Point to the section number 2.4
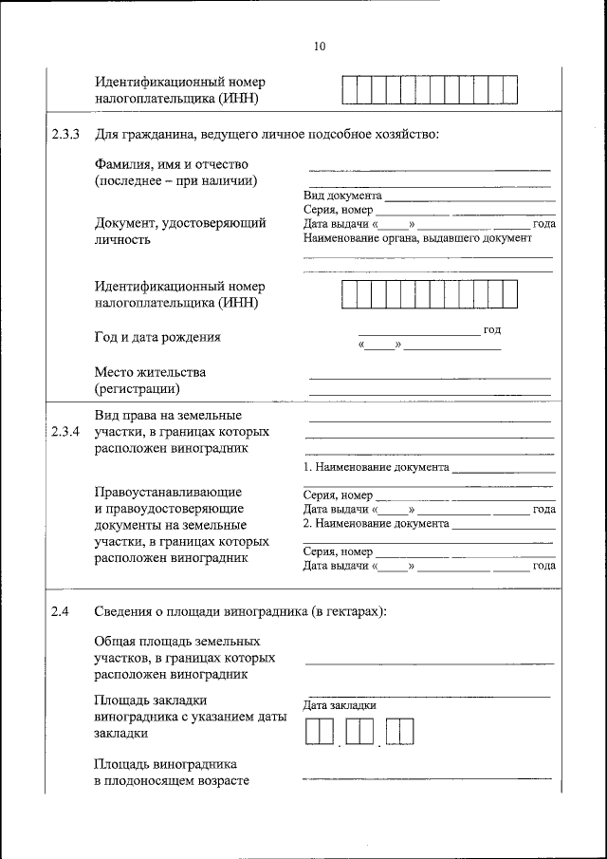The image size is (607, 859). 61,611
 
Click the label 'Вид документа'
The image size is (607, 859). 342,195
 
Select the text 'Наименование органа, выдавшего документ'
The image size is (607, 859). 417,239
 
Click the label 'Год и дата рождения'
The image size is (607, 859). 157,337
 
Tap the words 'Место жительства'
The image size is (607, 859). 150,372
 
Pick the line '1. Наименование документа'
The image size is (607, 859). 376,468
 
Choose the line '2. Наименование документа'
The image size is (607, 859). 376,523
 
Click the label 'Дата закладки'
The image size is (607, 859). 340,705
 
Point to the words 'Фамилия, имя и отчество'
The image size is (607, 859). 171,164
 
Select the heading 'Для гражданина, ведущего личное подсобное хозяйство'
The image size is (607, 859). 267,134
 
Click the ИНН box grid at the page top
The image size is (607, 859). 430,89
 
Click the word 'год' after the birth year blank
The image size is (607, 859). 491,330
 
